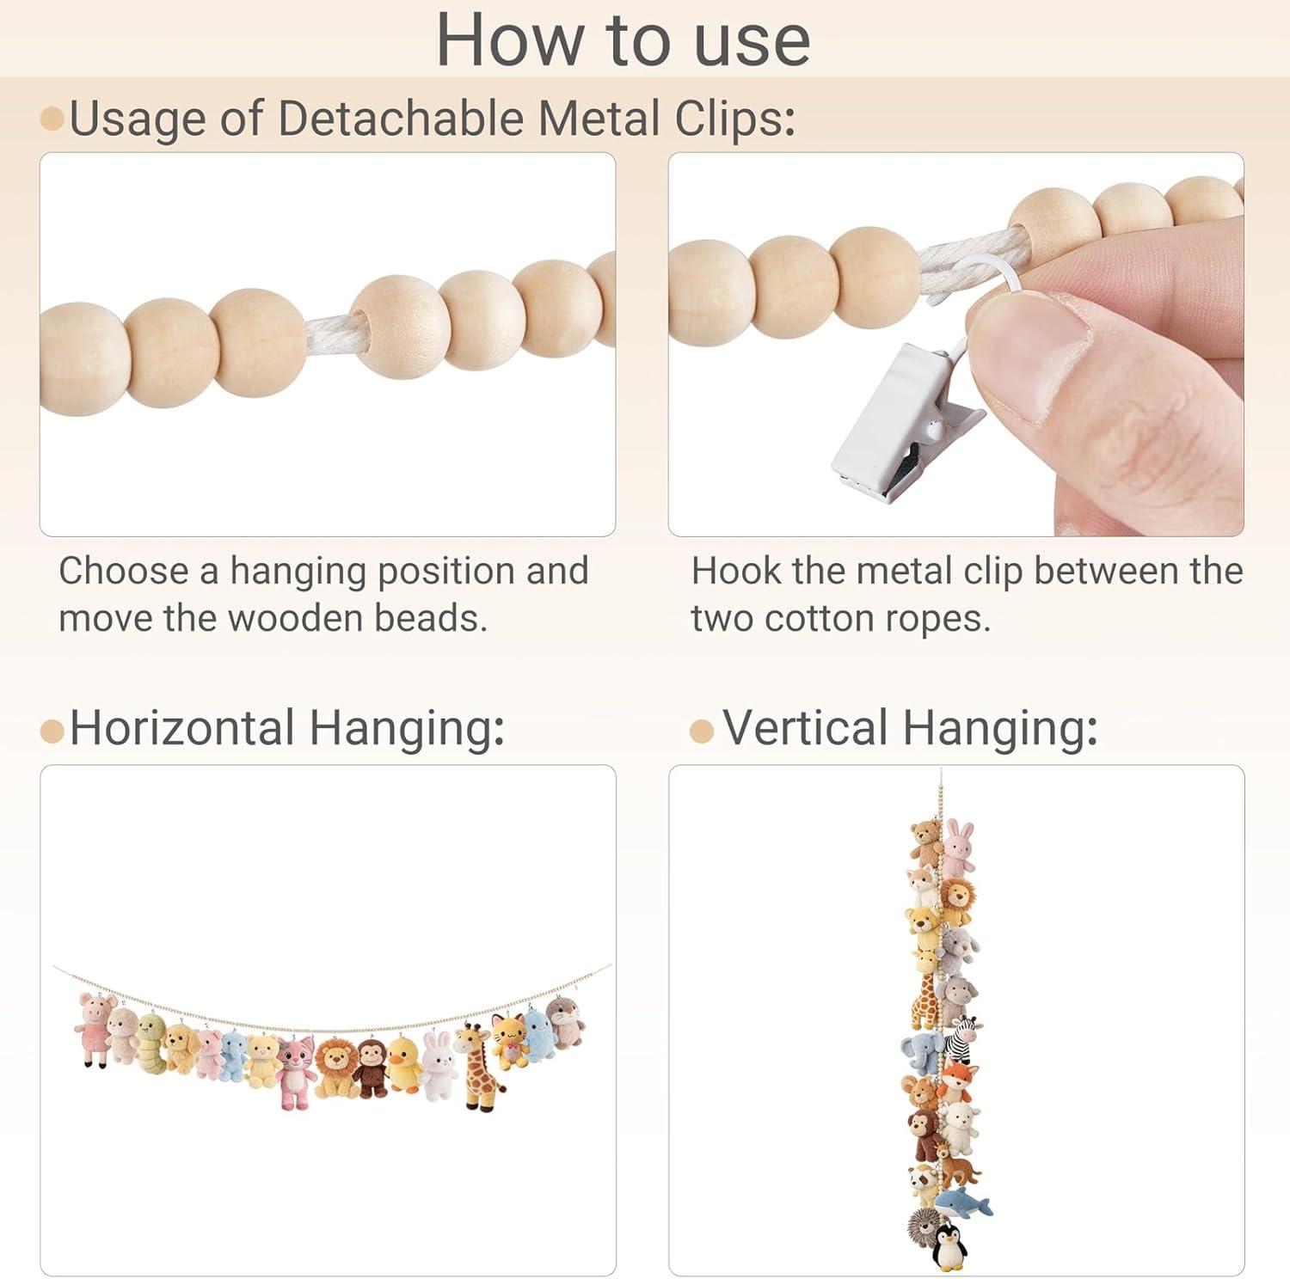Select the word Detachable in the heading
400,118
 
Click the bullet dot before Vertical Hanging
702,731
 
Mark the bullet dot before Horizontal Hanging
52,731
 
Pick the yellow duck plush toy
403,1063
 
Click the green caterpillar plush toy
151,1043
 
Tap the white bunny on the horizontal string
439,1068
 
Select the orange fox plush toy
955,1082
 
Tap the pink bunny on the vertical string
959,848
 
